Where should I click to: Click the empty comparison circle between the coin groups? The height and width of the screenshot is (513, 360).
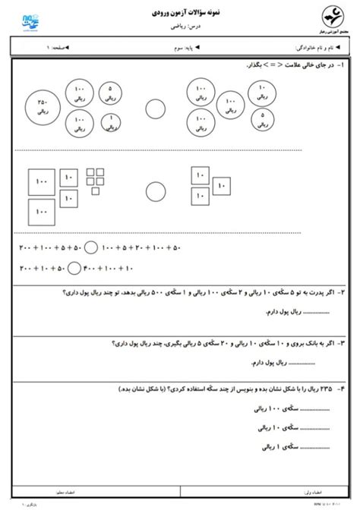(x=156, y=109)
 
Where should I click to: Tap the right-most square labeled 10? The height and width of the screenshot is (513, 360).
(x=222, y=184)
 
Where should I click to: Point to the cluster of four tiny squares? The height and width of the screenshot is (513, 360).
(x=95, y=177)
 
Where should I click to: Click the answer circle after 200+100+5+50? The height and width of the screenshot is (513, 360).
(x=90, y=247)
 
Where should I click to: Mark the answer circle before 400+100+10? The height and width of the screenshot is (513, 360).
(x=74, y=267)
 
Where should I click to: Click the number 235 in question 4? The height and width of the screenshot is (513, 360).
(x=326, y=388)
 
